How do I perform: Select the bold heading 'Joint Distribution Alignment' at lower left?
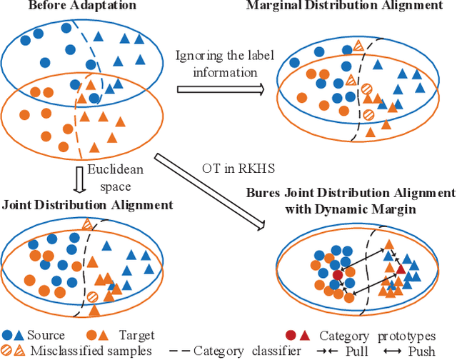87,205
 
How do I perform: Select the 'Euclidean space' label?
111,176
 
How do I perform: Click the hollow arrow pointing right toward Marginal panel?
220,89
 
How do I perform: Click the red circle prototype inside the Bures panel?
337,275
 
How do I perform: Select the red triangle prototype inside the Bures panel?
401,269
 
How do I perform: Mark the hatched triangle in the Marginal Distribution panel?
360,45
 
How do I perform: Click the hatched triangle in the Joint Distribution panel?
87,225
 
